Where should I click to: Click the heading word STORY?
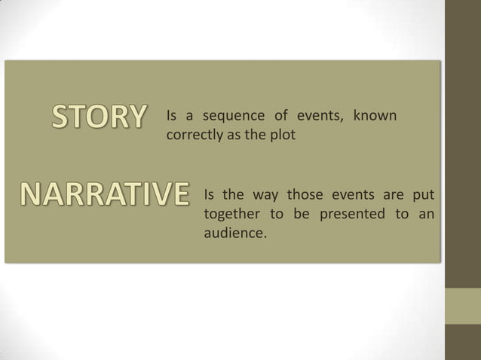(97, 118)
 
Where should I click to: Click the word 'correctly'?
(191, 136)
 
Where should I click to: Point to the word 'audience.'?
(235, 233)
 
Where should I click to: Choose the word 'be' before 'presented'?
(302, 215)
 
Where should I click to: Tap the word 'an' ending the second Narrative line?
(426, 215)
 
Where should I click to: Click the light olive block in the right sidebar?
(462, 306)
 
